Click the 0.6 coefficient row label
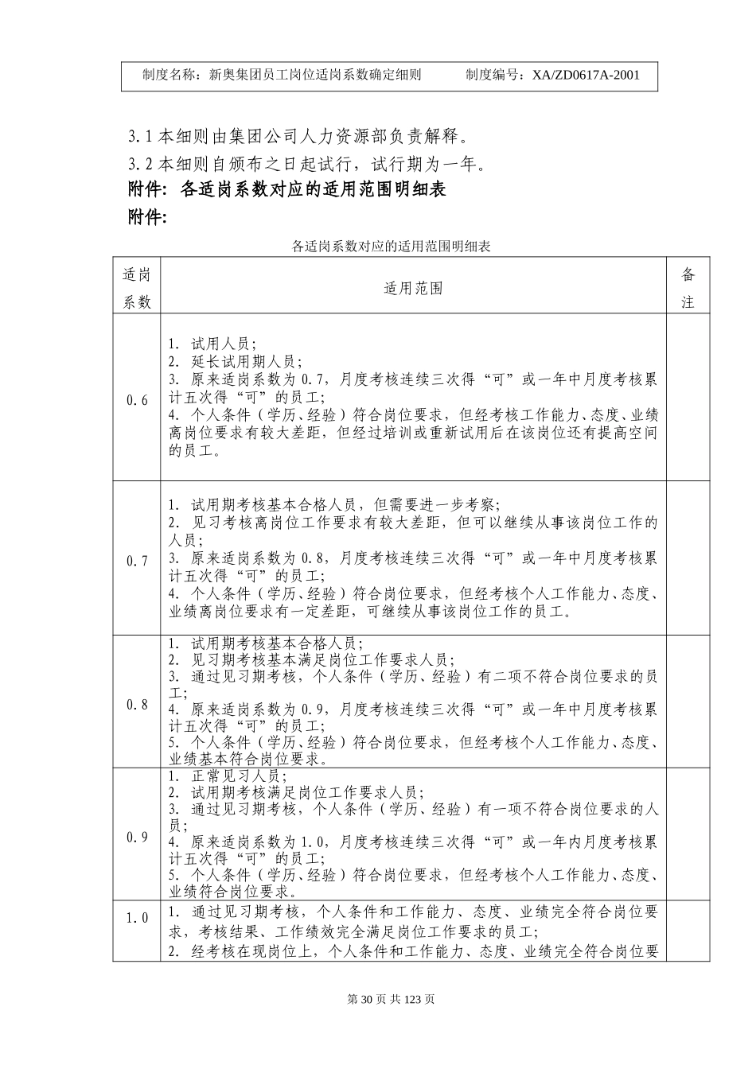click(x=137, y=400)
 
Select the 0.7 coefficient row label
click(x=137, y=561)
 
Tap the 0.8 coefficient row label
click(x=137, y=705)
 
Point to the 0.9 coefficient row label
click(x=137, y=837)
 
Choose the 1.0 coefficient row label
click(x=137, y=918)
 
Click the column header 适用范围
click(x=413, y=288)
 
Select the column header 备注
click(x=688, y=288)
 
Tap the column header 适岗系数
click(x=137, y=288)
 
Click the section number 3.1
click(x=140, y=136)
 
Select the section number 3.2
click(x=140, y=165)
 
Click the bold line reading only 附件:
click(x=147, y=217)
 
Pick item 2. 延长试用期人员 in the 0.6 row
click(x=232, y=361)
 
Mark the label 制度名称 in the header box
click(x=170, y=76)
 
